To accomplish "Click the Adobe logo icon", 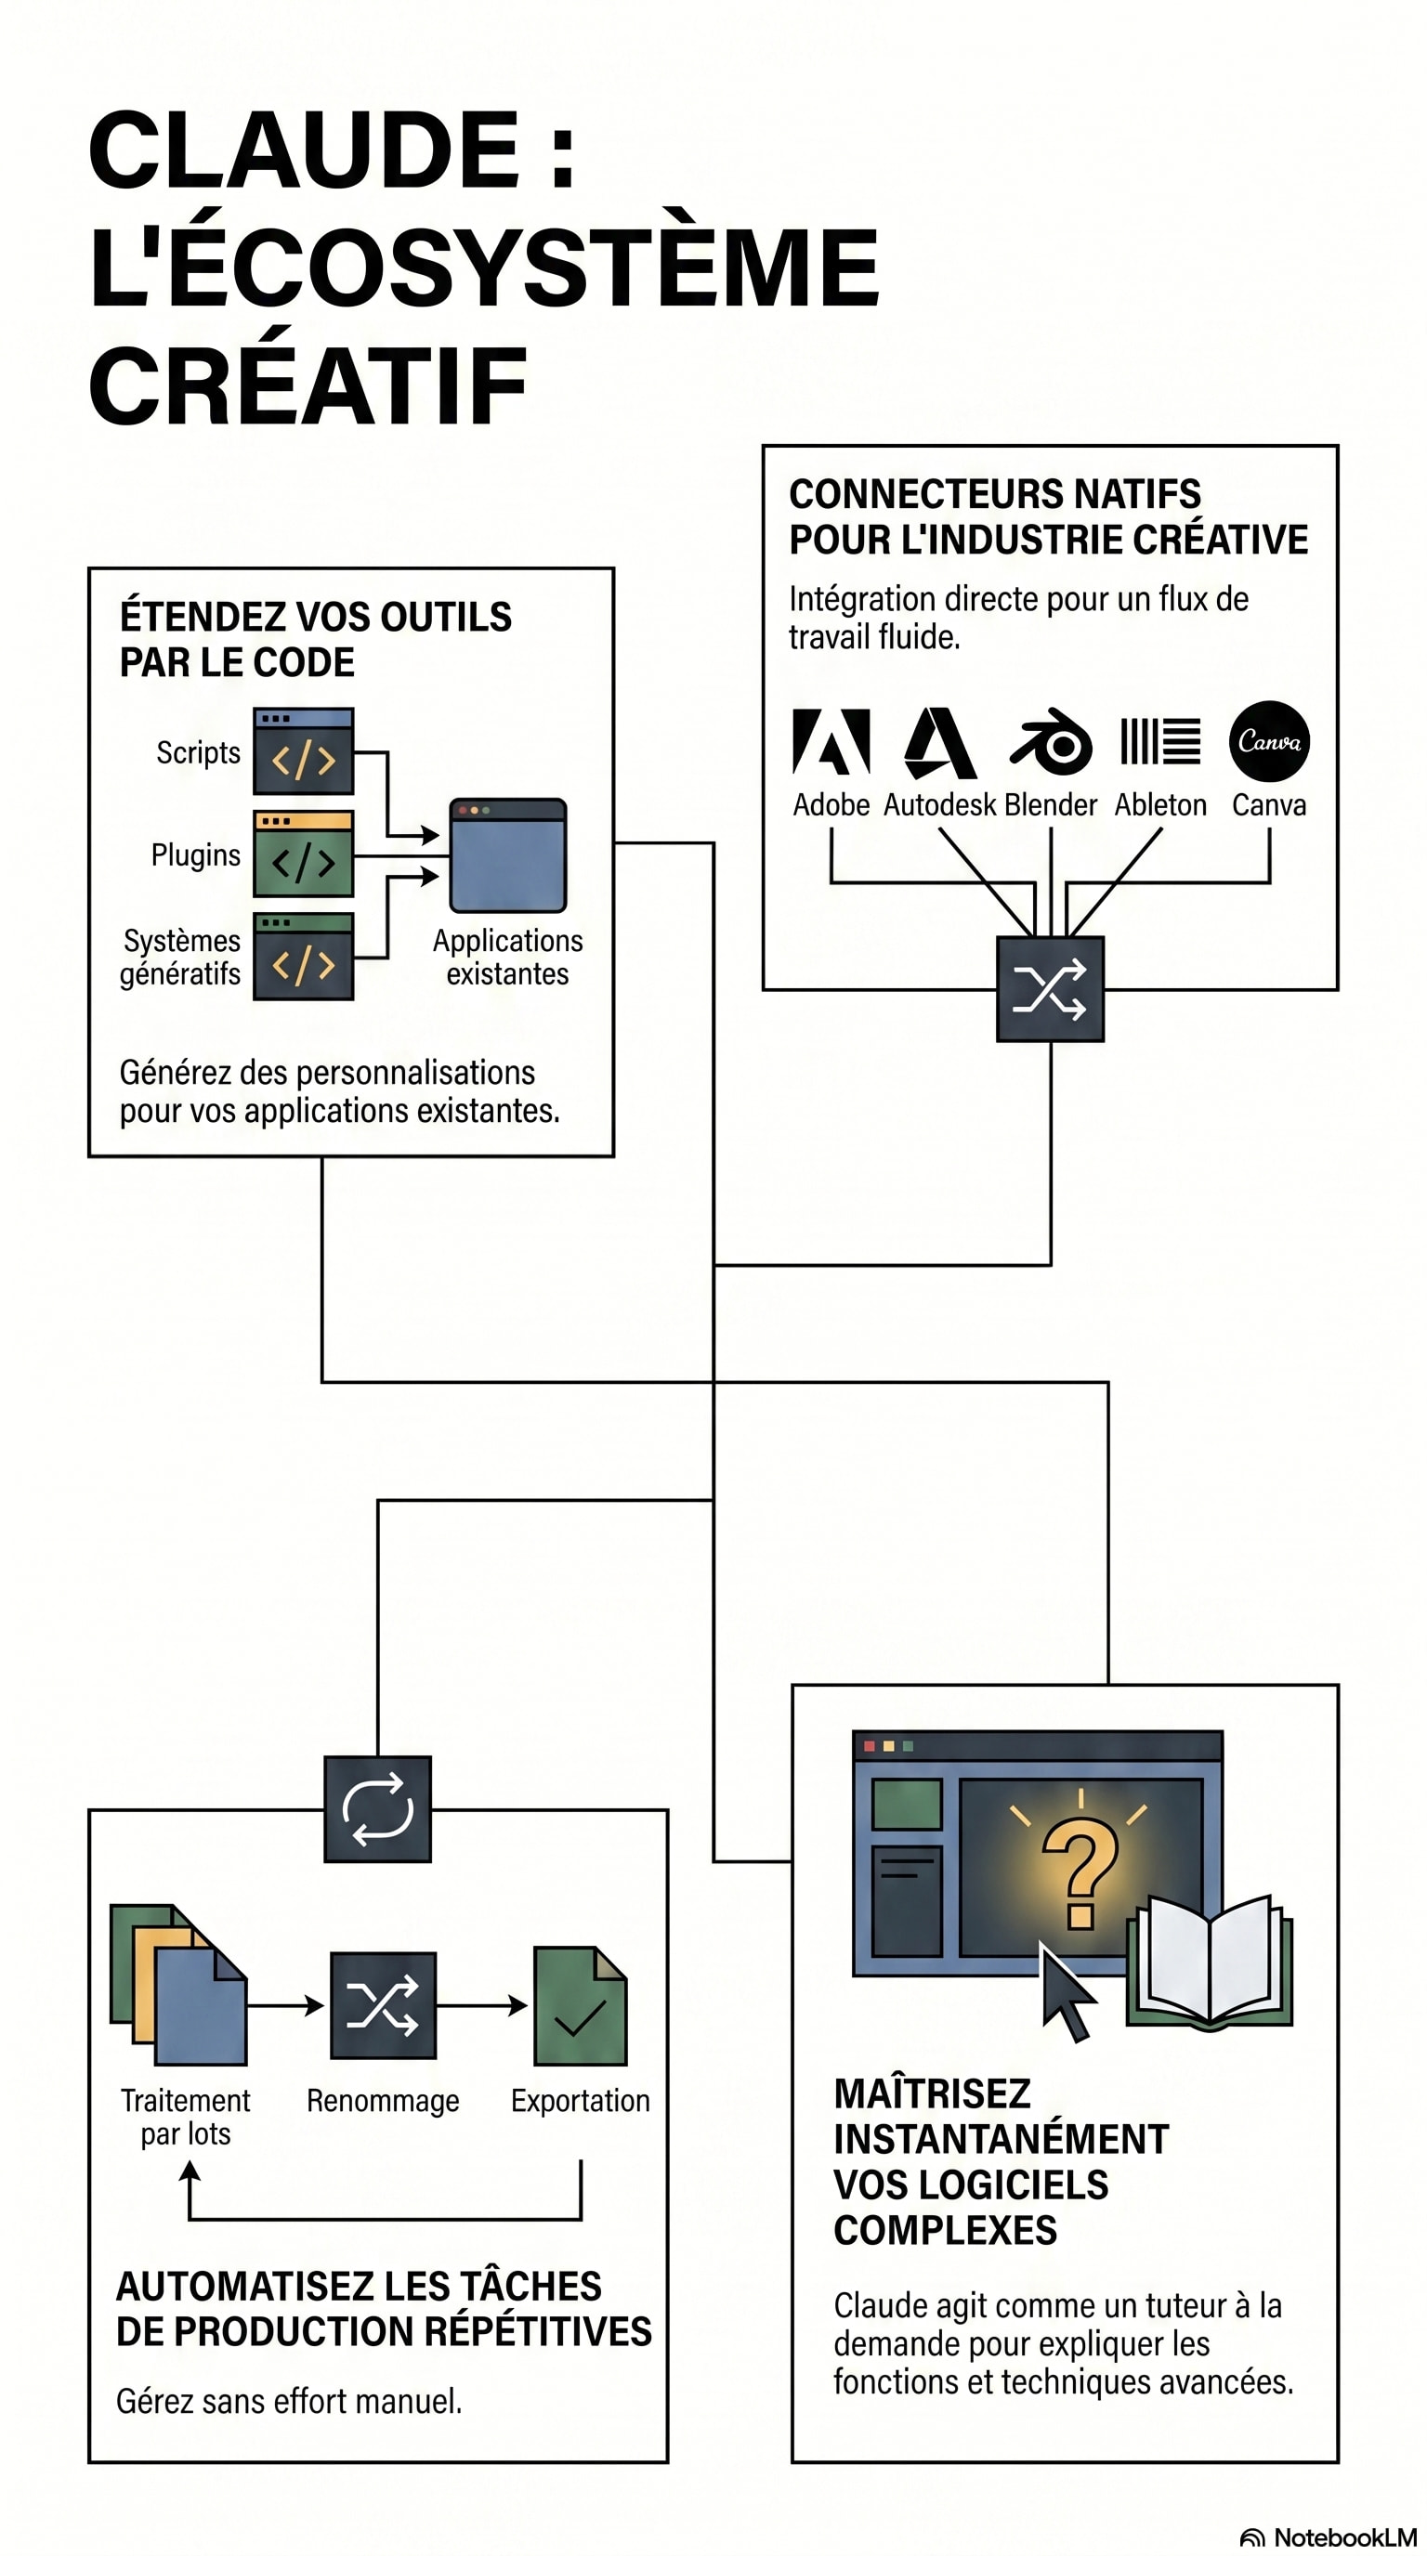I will pos(831,741).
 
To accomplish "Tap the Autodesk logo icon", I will pos(940,742).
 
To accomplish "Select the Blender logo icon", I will pos(1051,742).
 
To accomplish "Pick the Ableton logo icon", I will pos(1160,741).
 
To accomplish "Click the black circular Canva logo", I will pos(1268,741).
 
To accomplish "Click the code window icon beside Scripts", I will pos(304,751).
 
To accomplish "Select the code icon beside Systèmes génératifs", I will pos(304,957).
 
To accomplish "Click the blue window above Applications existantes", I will pos(508,854).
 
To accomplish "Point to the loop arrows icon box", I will pos(378,1809).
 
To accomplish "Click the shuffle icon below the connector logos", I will pos(1050,989).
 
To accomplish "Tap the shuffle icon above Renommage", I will pos(383,2005).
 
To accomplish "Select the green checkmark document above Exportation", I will pos(581,2005).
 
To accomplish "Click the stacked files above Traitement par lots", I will pos(178,1985).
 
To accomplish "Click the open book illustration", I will pos(1210,1963).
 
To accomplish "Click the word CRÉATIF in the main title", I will pos(308,386).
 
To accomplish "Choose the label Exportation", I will pos(581,2101).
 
